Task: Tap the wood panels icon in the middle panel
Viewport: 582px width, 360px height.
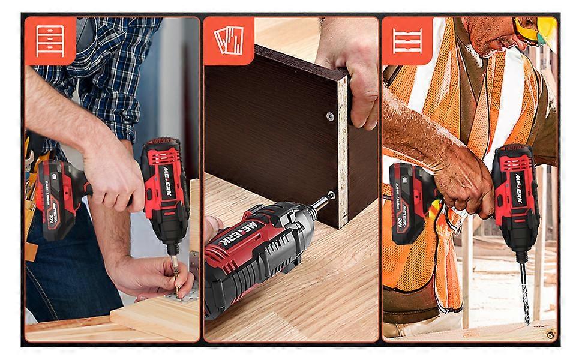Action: point(228,40)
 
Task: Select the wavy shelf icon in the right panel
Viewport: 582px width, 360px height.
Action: point(407,40)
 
